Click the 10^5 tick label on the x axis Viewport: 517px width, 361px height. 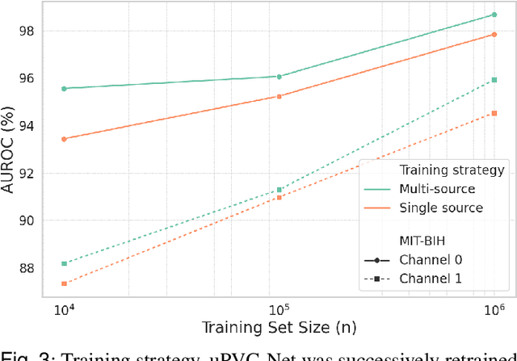279,311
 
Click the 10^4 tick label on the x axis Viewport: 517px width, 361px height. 64,311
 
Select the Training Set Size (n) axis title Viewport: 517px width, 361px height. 279,330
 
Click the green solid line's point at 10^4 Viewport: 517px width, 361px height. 64,88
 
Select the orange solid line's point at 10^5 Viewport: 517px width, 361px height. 279,96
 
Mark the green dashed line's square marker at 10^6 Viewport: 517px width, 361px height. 494,80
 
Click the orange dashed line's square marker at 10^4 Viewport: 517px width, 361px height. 64,283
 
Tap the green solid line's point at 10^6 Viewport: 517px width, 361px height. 494,15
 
